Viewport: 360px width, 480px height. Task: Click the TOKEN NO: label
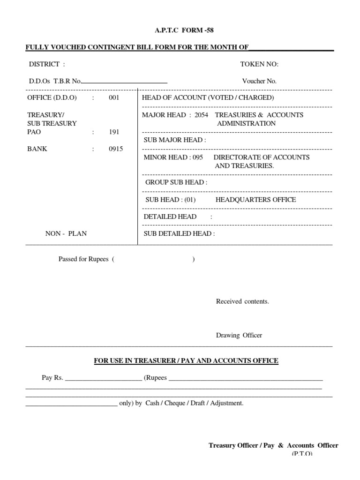pyautogui.click(x=259, y=64)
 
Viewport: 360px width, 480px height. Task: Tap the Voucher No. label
pyautogui.click(x=259, y=81)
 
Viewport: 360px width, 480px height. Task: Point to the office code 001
pyautogui.click(x=114, y=97)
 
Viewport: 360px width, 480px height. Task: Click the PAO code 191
pyautogui.click(x=114, y=132)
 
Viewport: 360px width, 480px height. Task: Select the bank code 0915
pyautogui.click(x=115, y=149)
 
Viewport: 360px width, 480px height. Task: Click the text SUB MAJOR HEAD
pyautogui.click(x=174, y=140)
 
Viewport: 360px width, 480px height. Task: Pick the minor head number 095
pyautogui.click(x=197, y=157)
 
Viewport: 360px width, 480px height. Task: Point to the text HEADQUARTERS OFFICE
pyautogui.click(x=255, y=200)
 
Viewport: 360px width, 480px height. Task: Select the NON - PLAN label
pyautogui.click(x=66, y=233)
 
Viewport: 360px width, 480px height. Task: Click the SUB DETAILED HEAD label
pyautogui.click(x=179, y=233)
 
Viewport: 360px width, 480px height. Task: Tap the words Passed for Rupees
pyautogui.click(x=84, y=259)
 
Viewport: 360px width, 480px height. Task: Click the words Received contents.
pyautogui.click(x=242, y=301)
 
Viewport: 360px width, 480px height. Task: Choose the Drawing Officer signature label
pyautogui.click(x=239, y=336)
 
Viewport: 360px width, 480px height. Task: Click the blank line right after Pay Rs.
pyautogui.click(x=103, y=378)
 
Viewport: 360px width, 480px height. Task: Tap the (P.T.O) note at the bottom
pyautogui.click(x=302, y=454)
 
